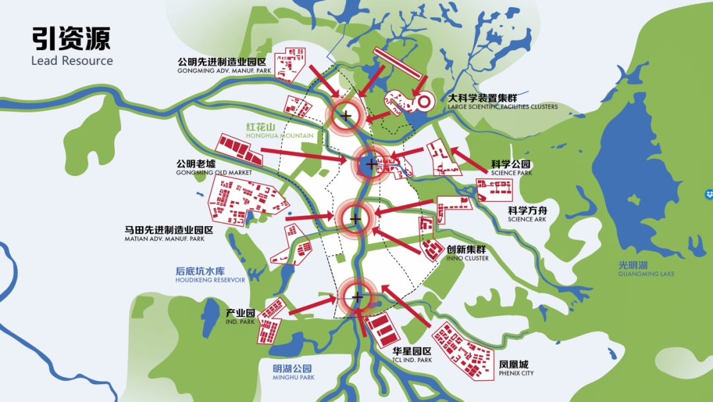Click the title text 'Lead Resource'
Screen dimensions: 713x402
tap(72, 61)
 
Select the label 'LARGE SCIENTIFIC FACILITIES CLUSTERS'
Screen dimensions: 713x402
tap(502, 106)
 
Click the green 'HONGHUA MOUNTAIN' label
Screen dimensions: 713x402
tap(279, 136)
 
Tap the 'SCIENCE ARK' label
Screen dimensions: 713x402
tap(527, 219)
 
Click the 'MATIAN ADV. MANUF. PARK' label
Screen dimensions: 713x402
tap(164, 239)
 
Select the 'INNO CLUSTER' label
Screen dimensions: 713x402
tap(467, 259)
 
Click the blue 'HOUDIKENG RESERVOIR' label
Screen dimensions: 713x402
tap(210, 280)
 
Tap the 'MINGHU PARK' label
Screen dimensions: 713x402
tap(293, 378)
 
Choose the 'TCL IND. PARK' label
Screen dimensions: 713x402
tap(412, 360)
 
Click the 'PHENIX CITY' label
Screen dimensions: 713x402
tap(517, 374)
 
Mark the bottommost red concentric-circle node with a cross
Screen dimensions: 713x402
tap(357, 297)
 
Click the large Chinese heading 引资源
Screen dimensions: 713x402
tap(71, 38)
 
